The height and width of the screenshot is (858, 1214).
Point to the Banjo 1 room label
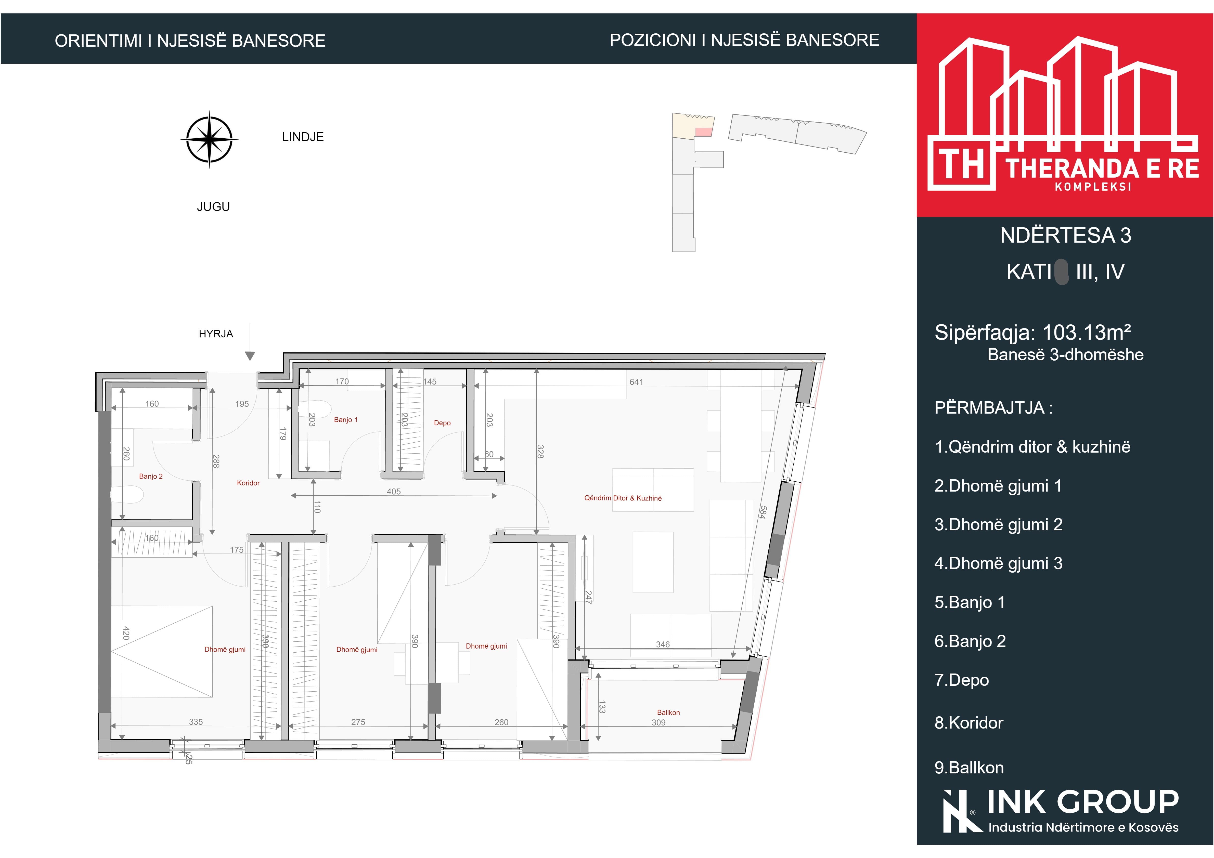(346, 420)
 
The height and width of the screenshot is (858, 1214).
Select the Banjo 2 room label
(151, 476)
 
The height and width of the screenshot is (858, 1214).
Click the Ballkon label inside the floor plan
(668, 712)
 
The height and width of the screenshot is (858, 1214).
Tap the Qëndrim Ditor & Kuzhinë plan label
(623, 498)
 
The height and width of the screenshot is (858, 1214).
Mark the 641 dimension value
(636, 382)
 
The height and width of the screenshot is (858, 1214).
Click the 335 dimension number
(196, 722)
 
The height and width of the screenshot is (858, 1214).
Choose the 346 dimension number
(663, 644)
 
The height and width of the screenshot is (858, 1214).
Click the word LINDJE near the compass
(303, 137)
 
